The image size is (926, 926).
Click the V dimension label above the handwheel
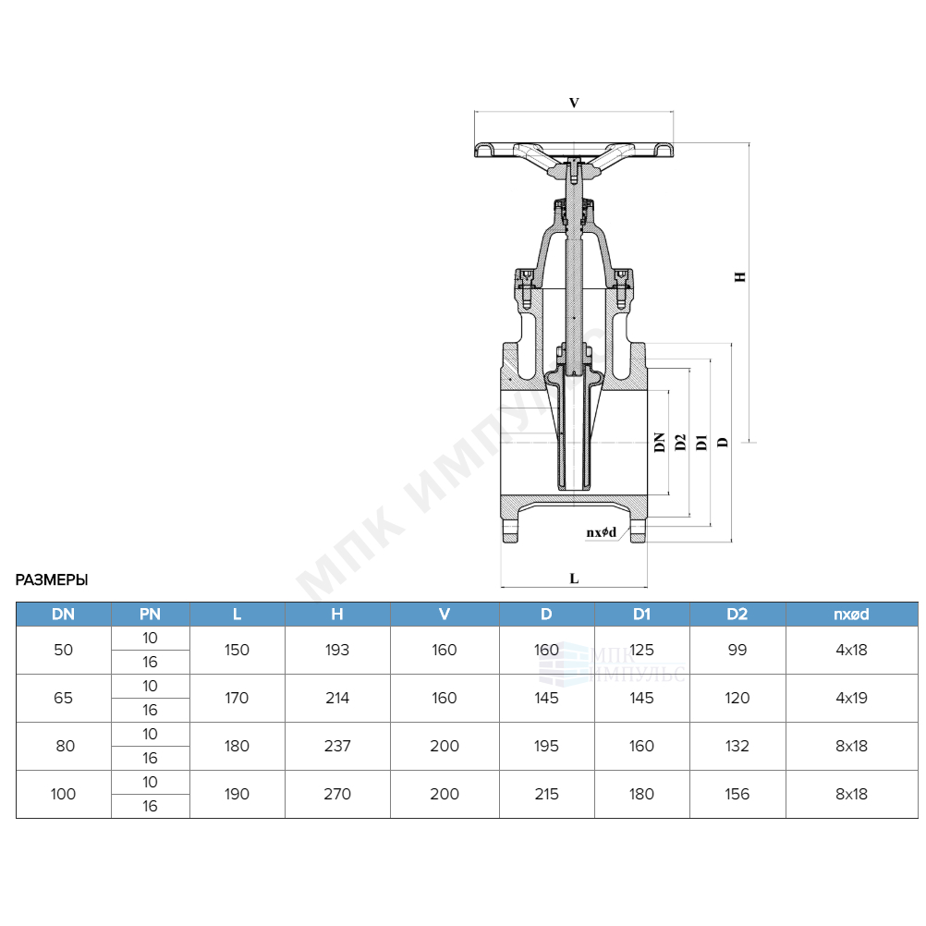[x=574, y=103]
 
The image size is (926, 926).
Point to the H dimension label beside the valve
[x=740, y=276]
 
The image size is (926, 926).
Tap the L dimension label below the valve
[x=574, y=579]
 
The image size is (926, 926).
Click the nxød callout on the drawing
[x=602, y=532]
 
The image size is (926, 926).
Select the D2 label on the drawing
[x=680, y=442]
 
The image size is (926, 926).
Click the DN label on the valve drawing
[x=660, y=442]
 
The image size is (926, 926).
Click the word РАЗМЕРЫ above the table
[x=52, y=580]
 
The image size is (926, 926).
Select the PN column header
[x=150, y=615]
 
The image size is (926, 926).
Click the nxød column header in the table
[x=851, y=615]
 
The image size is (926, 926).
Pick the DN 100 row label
[x=63, y=794]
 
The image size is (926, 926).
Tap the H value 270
[x=337, y=794]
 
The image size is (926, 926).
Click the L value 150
[x=237, y=650]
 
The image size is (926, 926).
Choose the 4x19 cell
[x=851, y=698]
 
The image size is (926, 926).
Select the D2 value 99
[x=737, y=650]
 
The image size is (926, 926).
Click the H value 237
[x=337, y=746]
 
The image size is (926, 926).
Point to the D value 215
[x=546, y=794]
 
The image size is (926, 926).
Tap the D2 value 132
[x=737, y=746]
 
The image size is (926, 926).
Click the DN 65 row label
[x=63, y=698]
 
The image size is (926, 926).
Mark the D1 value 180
[x=641, y=794]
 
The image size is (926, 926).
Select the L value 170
[x=237, y=698]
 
